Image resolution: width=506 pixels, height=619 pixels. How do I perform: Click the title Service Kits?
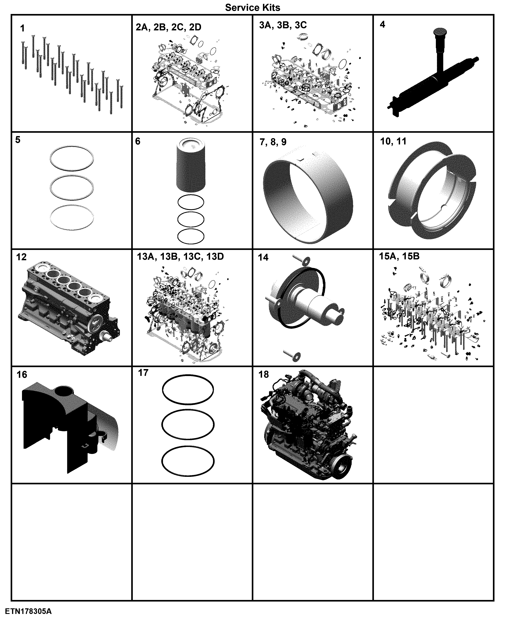252,8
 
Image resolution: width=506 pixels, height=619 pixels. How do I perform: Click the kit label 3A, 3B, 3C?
283,25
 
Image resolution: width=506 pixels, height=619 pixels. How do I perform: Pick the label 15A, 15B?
399,256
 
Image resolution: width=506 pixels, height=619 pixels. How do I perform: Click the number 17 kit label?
143,373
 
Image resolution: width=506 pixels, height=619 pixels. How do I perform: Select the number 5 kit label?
18,140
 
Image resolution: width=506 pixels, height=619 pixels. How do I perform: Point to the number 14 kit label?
263,258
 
